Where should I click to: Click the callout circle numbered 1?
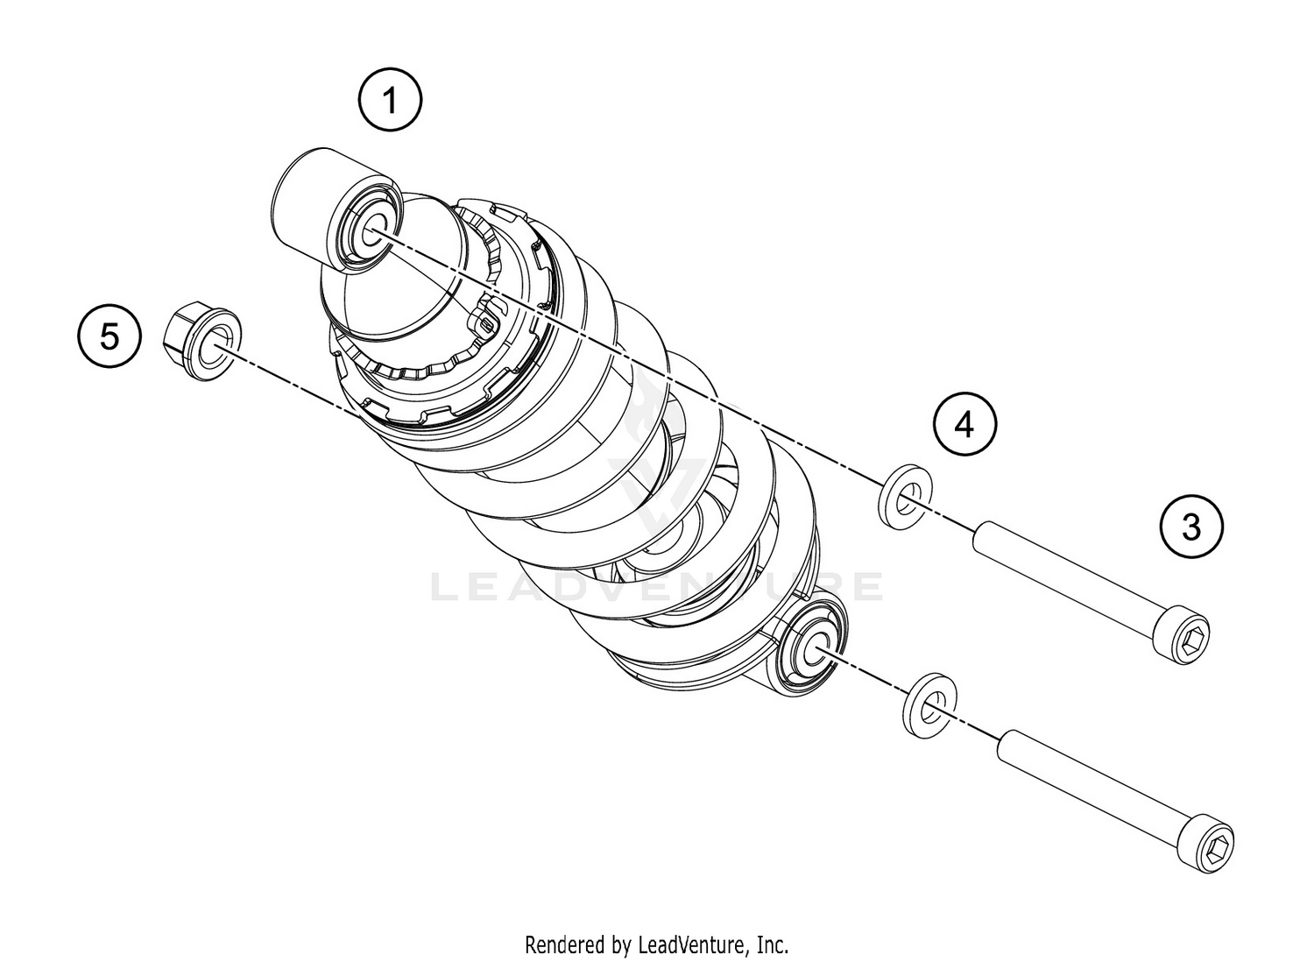coord(390,101)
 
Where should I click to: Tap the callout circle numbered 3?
coord(1190,527)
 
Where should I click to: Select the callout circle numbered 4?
coord(964,425)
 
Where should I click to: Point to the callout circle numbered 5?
coord(109,336)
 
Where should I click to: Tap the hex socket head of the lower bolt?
coord(1209,839)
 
